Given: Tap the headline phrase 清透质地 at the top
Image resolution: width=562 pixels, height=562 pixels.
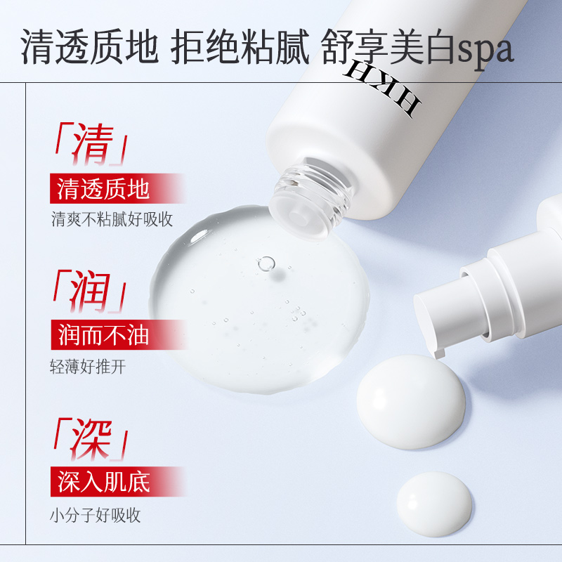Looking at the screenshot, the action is coord(90,46).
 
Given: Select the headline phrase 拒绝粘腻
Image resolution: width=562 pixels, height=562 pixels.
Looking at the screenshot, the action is coord(240,46).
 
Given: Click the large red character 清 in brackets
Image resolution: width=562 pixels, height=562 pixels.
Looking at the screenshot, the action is coord(93,144).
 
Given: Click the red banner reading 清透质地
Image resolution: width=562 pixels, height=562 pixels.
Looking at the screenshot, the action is coord(117,188).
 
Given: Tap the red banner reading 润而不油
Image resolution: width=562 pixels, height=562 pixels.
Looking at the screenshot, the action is coord(118,335).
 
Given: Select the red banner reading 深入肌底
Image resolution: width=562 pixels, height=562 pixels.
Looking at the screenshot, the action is coord(118,481).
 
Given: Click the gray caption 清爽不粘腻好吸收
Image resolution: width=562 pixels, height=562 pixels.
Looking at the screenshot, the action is coord(112,219).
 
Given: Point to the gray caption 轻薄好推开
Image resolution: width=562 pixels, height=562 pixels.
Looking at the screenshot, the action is coord(89,366).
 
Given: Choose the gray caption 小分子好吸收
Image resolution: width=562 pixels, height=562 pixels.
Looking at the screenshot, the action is coord(96,515).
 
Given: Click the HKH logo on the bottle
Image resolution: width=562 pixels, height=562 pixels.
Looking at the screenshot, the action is coord(383,87).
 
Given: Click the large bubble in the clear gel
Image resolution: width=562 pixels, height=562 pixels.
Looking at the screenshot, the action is coord(266,264).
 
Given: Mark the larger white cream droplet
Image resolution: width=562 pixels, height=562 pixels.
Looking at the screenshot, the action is coord(411,401).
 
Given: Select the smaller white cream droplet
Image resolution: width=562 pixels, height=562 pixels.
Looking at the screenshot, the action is coord(434,504).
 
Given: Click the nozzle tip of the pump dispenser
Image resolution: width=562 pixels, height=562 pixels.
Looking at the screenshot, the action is coord(440,353).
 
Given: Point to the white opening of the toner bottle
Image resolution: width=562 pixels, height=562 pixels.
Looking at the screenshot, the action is coord(299,218).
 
